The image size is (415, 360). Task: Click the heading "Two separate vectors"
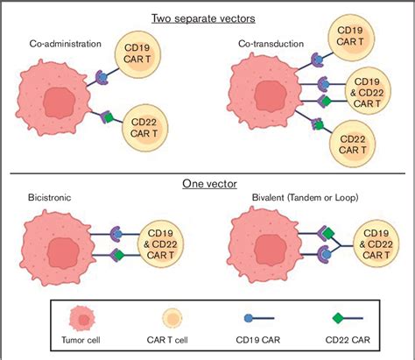203,18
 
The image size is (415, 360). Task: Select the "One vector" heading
209,184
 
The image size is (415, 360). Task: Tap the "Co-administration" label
66,44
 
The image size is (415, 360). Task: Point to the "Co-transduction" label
271,44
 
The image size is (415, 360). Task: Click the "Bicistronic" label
49,198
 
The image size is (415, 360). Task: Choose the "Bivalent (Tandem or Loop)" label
305,198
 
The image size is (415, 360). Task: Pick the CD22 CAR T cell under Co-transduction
353,145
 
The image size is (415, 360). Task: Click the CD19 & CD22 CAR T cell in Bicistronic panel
160,244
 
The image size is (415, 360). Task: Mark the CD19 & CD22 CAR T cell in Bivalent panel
376,244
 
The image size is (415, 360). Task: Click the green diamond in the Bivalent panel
328,233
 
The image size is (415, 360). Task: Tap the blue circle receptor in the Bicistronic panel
118,234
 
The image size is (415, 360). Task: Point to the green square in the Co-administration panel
109,117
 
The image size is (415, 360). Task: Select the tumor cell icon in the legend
82,319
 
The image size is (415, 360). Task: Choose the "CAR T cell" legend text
167,340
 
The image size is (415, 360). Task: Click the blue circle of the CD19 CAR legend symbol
249,318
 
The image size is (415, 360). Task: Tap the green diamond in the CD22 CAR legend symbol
338,318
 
